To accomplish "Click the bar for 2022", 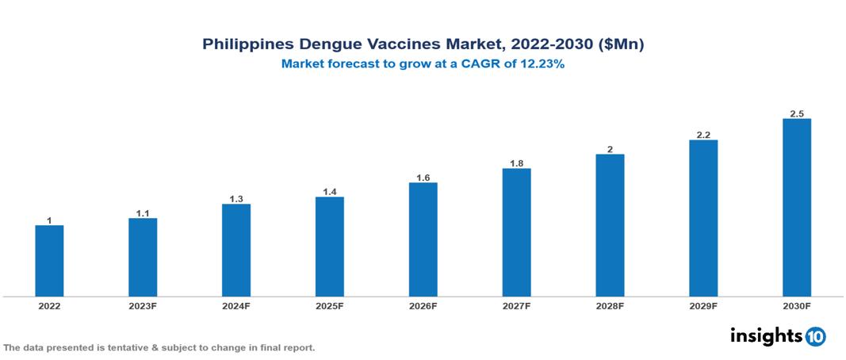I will [49, 261].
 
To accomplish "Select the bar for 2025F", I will [329, 247].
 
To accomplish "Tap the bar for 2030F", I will [796, 208].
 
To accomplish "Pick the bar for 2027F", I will [516, 232].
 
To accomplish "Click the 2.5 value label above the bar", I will [797, 114].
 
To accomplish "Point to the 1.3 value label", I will [236, 199].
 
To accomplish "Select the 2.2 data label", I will [703, 135].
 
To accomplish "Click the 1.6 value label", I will [423, 178].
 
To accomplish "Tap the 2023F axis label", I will [143, 305].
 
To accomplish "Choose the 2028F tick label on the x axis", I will [610, 305].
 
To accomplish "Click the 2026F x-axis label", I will [423, 305].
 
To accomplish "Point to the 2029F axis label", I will [703, 305].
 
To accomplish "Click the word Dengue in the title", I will [324, 44].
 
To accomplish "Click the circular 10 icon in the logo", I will [815, 336].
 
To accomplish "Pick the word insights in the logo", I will [765, 335].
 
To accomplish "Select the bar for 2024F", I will [236, 251].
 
